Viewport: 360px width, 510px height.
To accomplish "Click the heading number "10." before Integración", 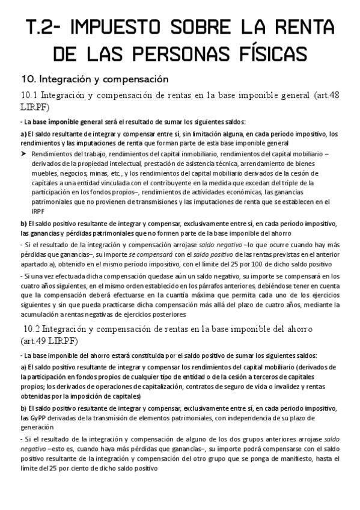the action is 29,79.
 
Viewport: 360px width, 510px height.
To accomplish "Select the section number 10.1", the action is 29,95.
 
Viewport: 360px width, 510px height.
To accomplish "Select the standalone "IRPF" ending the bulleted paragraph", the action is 38,212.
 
